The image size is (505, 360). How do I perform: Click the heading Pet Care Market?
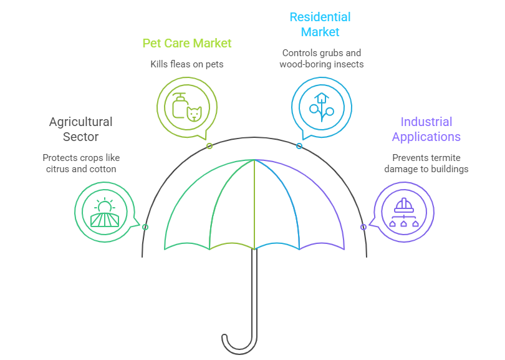(187, 43)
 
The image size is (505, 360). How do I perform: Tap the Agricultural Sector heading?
(80, 129)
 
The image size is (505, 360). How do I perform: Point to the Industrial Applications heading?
(426, 129)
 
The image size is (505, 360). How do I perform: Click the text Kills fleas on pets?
(186, 64)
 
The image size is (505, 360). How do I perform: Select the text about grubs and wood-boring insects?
(322, 59)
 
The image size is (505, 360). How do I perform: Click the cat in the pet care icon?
(195, 114)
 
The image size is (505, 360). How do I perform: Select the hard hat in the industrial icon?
(404, 205)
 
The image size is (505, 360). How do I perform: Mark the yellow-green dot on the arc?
(209, 146)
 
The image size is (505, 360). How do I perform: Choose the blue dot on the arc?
(299, 146)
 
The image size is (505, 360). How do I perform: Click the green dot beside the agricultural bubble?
(145, 227)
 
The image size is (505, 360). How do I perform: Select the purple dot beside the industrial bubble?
(363, 227)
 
